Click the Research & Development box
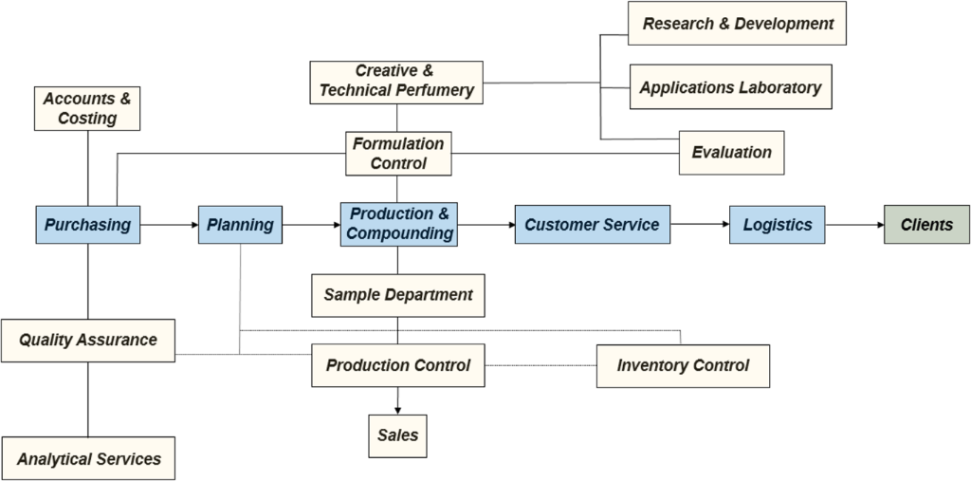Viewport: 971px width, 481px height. coord(737,24)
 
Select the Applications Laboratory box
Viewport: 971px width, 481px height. coord(730,87)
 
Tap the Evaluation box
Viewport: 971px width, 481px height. coord(731,152)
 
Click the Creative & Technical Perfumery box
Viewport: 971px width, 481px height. coord(396,82)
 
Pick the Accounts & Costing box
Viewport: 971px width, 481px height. coord(86,108)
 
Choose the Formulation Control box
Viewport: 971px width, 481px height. coord(397,154)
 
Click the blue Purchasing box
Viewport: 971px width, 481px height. coord(87,225)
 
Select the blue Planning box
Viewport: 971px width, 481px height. coord(241,225)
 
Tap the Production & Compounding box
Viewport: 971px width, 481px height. coord(397,224)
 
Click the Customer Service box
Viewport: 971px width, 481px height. coord(592,225)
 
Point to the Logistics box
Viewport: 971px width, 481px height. coord(777,225)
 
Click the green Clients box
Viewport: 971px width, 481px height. coord(926,225)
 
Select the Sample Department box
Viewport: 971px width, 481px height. coord(398,295)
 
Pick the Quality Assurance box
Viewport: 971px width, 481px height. coord(88,340)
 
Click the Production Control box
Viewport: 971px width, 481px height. coord(398,365)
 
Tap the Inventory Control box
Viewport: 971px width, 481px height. coord(683,365)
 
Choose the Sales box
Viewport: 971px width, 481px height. coord(397,435)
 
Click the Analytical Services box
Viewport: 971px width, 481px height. coord(88,458)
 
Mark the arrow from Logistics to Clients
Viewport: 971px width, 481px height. coord(854,225)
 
